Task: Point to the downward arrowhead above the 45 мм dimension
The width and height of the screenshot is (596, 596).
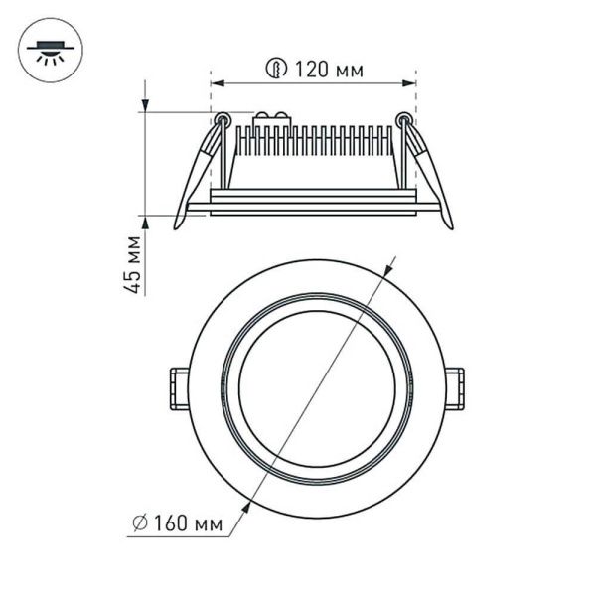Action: (x=146, y=104)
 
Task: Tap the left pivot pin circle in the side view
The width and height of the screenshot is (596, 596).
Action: (x=223, y=120)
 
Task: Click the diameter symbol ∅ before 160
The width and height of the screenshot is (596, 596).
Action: (x=139, y=521)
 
